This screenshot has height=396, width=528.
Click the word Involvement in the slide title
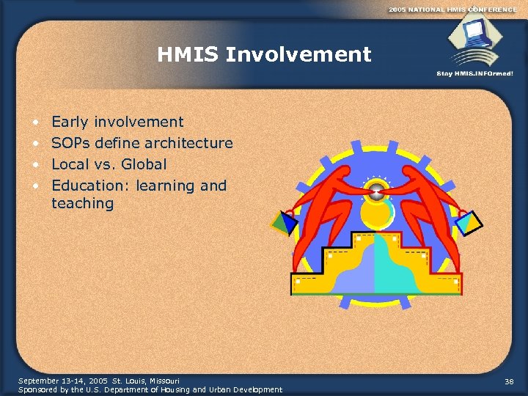coord(299,54)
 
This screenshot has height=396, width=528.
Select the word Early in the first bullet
coord(68,122)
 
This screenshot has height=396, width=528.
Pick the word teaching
coord(82,203)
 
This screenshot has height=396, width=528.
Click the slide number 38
coord(510,381)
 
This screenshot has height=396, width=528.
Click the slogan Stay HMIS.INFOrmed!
coord(475,73)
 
